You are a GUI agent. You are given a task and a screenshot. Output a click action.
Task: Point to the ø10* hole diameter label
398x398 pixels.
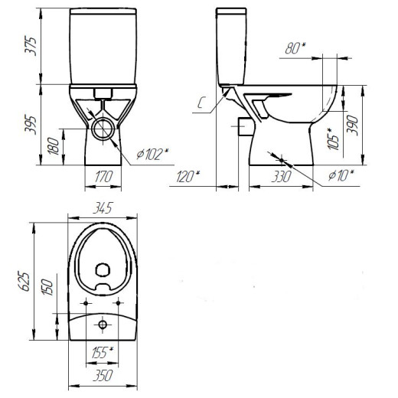click(341, 176)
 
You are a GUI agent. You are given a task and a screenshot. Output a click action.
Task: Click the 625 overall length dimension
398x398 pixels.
click(24, 281)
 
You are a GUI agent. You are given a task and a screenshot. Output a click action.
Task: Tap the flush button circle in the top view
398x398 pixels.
click(103, 325)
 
